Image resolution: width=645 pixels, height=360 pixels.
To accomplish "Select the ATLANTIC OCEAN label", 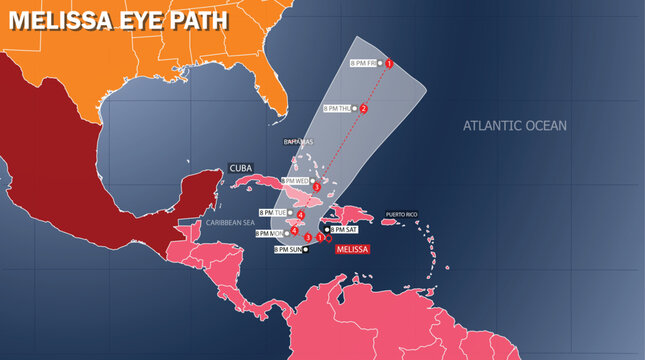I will point(514,126).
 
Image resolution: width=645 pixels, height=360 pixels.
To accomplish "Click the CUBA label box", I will point(241,168).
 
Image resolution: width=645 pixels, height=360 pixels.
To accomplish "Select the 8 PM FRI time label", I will point(364,63).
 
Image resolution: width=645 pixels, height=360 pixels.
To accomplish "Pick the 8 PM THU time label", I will point(338,108).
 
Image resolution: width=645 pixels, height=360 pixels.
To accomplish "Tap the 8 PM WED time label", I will point(297,181).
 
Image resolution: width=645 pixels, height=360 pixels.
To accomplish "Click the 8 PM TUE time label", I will point(273,213).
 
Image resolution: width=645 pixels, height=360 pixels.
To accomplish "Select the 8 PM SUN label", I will point(289,249).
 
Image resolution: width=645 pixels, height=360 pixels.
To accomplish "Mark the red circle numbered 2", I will point(364,108).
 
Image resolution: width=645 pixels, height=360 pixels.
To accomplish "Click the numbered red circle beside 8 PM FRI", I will point(389,64).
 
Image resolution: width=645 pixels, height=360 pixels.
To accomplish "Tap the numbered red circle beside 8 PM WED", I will point(316,187).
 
